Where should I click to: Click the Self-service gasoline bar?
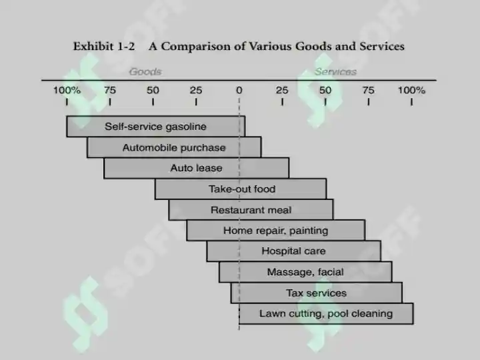coord(156,126)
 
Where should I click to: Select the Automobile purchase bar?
coord(174,147)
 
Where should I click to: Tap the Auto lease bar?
coord(196,168)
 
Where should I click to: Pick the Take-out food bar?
coord(241,189)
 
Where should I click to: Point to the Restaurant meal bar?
coord(251,210)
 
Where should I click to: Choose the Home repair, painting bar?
coord(276,230)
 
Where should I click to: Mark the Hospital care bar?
coord(294,251)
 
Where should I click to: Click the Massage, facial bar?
coord(305,272)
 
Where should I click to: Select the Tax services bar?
coord(317,293)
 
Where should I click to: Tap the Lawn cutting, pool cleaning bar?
coord(326,313)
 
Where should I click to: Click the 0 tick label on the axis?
coord(239,90)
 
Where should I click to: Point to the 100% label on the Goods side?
coord(67,90)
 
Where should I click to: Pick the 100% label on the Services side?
coord(411,90)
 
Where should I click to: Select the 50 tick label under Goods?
coord(153,90)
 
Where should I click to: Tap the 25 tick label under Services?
coord(282,90)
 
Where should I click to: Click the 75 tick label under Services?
coord(368,90)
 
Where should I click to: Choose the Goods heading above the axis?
coord(145,71)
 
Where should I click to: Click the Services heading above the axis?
coord(335,71)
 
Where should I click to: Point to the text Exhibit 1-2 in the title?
coord(104,46)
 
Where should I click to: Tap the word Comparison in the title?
coord(196,47)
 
